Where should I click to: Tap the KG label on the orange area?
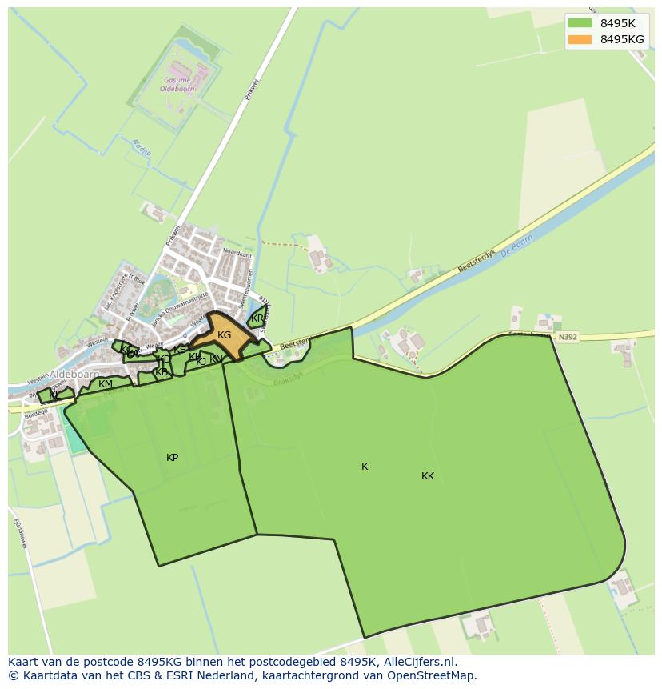tap(224, 335)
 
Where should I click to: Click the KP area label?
tap(172, 458)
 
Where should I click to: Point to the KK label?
tap(428, 476)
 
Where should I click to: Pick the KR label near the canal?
tap(257, 318)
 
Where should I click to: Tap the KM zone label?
tap(105, 384)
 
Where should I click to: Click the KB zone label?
tap(162, 372)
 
